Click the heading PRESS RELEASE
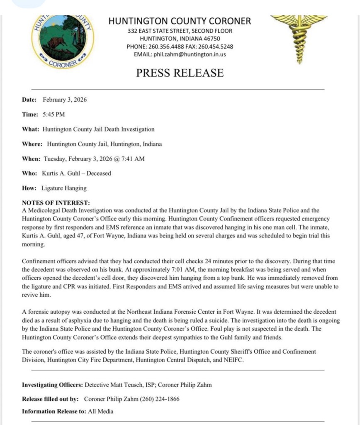pyautogui.click(x=180, y=73)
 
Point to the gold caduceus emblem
pyautogui.click(x=299, y=37)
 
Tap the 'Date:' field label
pyautogui.click(x=29, y=100)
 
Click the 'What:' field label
pyautogui.click(x=30, y=129)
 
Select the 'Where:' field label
pyautogui.click(x=32, y=144)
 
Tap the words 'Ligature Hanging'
pyautogui.click(x=64, y=188)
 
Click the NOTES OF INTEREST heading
pyautogui.click(x=56, y=203)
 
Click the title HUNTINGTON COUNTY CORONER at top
pyautogui.click(x=180, y=21)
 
